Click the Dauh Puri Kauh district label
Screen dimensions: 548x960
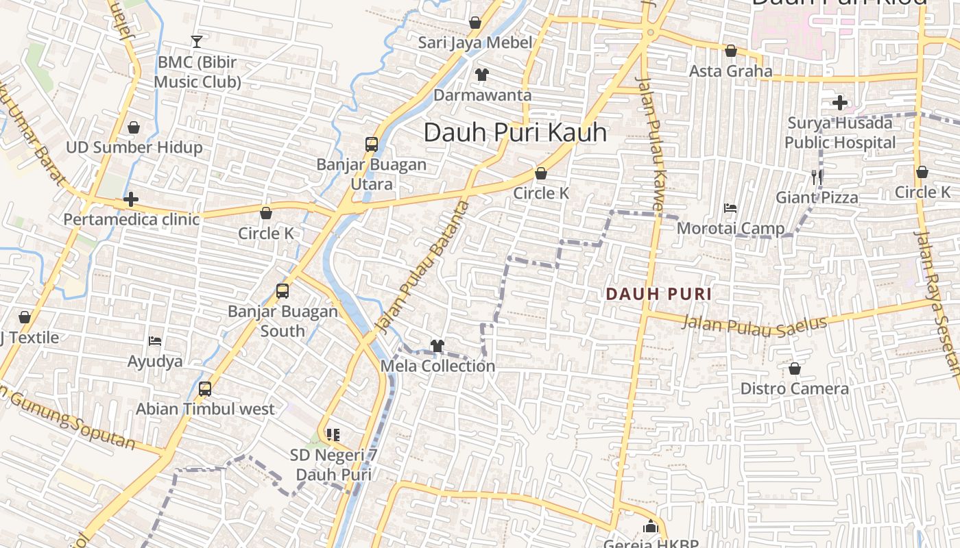pos(515,132)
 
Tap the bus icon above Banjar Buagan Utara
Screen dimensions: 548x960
pos(372,145)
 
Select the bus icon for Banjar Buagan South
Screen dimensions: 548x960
pos(283,291)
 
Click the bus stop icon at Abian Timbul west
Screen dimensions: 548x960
pos(204,389)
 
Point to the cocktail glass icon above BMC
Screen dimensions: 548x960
pos(197,42)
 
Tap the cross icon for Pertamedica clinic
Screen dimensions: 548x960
pos(131,200)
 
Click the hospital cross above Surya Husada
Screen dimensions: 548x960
pos(840,103)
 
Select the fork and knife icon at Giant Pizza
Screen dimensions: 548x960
pos(817,177)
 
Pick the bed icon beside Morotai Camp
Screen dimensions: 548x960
pos(730,208)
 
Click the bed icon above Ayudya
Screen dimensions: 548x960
pos(155,340)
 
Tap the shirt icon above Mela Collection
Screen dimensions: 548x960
pos(437,346)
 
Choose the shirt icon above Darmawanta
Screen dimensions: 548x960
pos(482,75)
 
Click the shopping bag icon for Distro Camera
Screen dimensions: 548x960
pos(794,369)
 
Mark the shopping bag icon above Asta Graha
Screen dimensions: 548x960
pos(731,51)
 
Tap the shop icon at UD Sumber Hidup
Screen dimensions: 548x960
pos(134,128)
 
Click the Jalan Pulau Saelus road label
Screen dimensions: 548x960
pos(754,325)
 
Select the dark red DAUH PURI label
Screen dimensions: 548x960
pos(658,295)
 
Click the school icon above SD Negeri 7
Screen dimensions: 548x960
pos(333,434)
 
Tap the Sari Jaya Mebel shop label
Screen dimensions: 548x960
pos(475,42)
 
